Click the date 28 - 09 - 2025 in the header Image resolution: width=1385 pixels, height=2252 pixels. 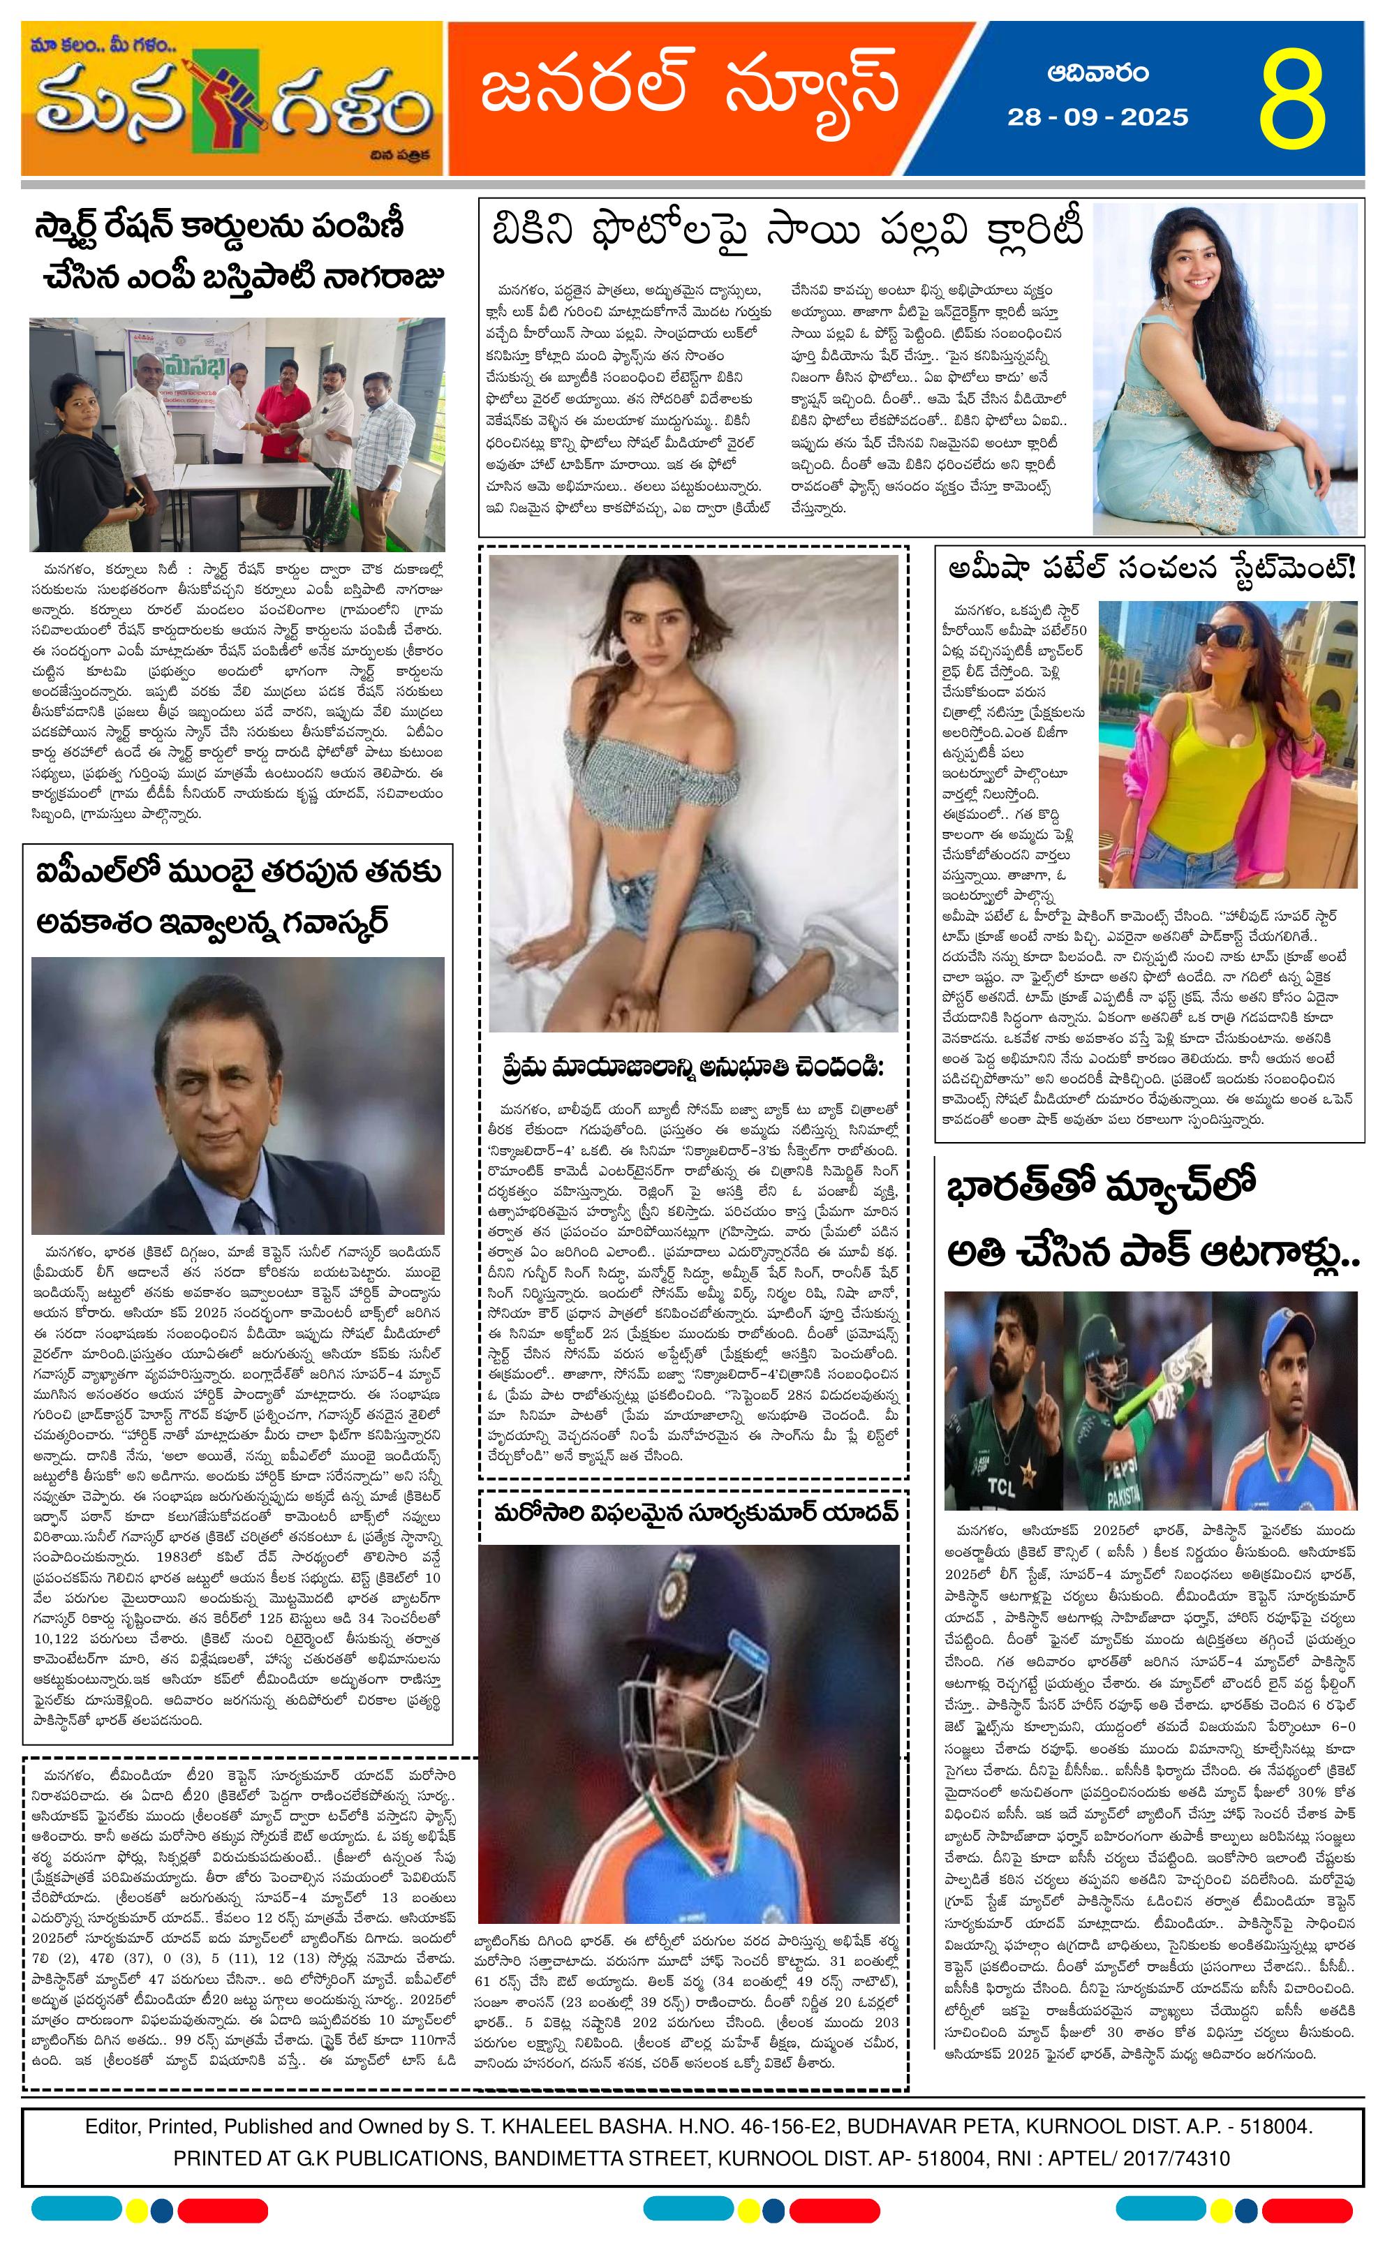click(1097, 118)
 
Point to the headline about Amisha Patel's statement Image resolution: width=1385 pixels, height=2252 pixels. click(1151, 570)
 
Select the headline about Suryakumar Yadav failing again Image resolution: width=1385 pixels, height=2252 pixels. click(695, 1512)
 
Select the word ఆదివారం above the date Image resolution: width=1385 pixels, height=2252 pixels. click(1098, 73)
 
